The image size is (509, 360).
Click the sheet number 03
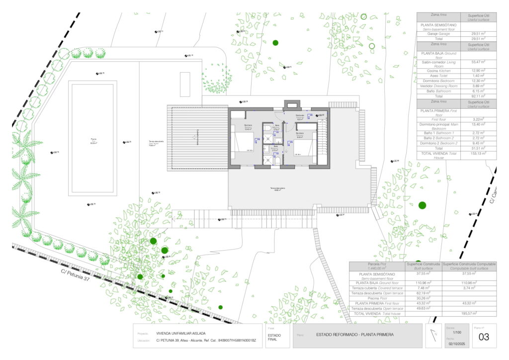[x=484, y=337]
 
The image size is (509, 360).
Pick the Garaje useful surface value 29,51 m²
[x=478, y=34]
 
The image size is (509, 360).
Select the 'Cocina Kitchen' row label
[x=438, y=71]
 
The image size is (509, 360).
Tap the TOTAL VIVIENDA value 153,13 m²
[x=478, y=154]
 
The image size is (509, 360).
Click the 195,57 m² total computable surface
[x=469, y=313]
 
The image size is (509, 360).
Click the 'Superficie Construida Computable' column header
[x=469, y=266]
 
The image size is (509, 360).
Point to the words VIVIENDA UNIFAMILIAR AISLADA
[x=180, y=333]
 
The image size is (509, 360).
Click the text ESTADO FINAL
[x=274, y=337]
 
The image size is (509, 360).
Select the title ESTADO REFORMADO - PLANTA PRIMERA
[x=354, y=335]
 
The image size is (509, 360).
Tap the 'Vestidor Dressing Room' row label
[x=438, y=86]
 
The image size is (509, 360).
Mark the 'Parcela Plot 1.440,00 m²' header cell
[x=377, y=266]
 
